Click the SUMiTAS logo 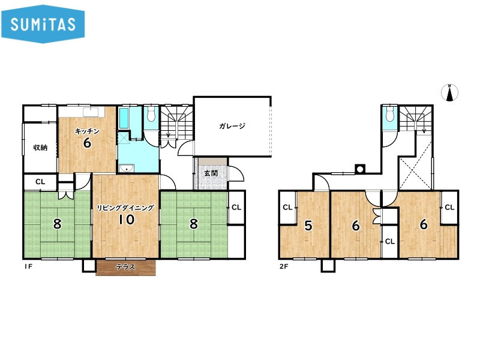[x=43, y=24]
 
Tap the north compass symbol [x=449, y=92]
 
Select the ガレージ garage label [x=232, y=126]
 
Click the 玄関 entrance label [x=211, y=173]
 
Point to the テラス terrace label [x=125, y=267]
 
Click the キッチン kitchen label [x=87, y=131]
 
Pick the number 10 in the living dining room [x=127, y=220]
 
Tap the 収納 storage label [x=40, y=148]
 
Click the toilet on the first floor [x=151, y=114]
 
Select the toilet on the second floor [x=389, y=114]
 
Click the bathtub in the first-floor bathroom [x=124, y=118]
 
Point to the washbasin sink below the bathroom [x=126, y=168]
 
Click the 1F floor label [x=28, y=266]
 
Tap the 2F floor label [x=284, y=266]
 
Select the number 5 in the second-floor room [x=308, y=226]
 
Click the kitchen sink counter [x=82, y=112]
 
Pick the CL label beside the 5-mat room [x=287, y=207]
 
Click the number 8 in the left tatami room [x=57, y=224]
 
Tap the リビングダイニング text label [x=125, y=208]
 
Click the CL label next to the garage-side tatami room [x=236, y=207]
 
